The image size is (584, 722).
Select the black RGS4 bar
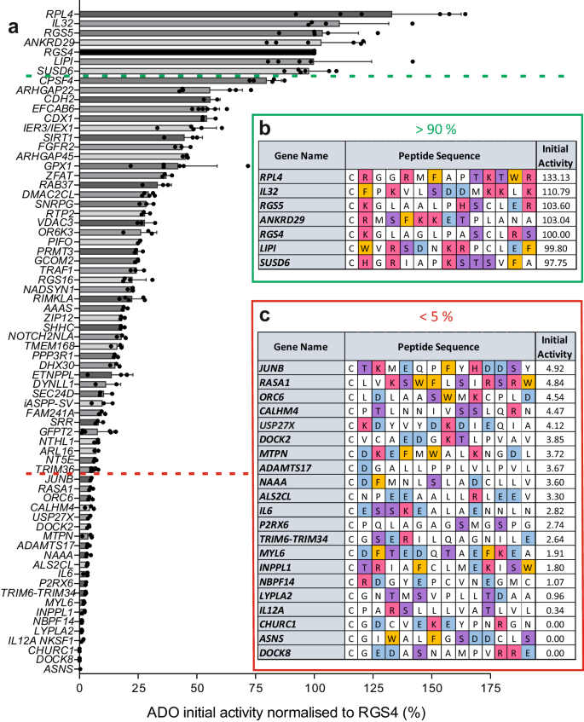(197, 51)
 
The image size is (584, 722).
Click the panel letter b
(265, 130)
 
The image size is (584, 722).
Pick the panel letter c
(265, 316)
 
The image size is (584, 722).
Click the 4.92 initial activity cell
(555, 367)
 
